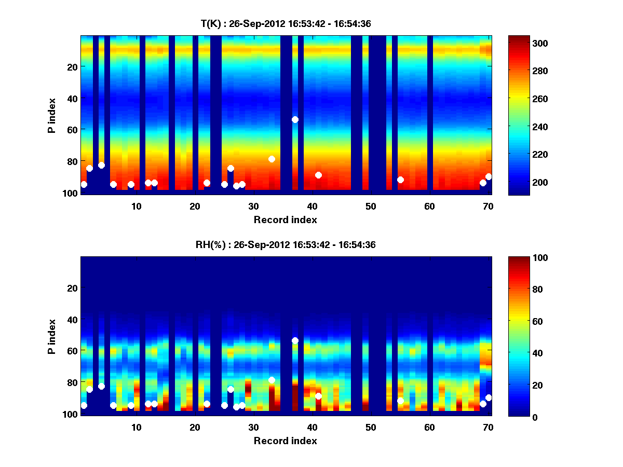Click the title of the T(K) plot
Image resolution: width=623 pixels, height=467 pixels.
point(286,24)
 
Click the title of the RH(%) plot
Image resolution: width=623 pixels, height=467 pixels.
point(286,245)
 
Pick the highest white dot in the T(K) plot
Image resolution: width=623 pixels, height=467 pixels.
point(295,119)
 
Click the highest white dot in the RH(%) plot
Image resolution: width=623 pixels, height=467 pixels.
point(295,340)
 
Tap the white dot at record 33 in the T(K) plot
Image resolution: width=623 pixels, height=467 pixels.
point(272,159)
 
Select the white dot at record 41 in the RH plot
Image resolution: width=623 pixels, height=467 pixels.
point(318,396)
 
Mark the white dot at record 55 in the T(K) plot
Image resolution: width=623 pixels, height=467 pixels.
point(400,180)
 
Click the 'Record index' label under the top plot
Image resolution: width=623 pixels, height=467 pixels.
point(286,219)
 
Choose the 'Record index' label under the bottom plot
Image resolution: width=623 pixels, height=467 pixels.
point(286,441)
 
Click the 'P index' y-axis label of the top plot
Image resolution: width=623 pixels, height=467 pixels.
point(52,115)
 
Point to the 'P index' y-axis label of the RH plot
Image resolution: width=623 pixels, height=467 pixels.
point(52,336)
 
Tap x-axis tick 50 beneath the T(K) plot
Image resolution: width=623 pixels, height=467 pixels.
point(371,206)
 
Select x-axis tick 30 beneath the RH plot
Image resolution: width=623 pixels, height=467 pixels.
point(253,427)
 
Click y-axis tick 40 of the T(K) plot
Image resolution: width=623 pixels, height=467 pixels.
point(72,98)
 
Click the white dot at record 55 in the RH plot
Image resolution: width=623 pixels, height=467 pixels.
point(400,401)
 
